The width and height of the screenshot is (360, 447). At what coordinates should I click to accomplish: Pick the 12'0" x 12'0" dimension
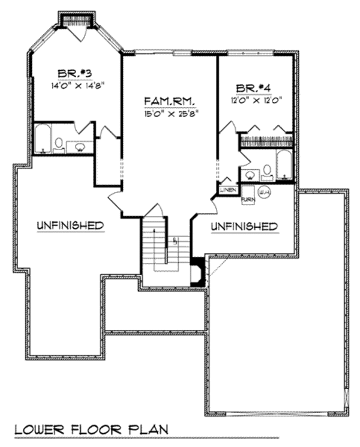(x=254, y=100)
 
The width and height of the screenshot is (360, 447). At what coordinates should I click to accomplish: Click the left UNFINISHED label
(x=70, y=226)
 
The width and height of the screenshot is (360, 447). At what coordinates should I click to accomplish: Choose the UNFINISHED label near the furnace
(x=243, y=226)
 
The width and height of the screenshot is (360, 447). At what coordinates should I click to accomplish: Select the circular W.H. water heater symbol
(x=265, y=192)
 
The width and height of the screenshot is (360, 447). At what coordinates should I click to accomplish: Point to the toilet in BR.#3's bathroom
(x=59, y=143)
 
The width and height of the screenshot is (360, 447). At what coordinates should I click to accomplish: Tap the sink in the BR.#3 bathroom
(x=80, y=145)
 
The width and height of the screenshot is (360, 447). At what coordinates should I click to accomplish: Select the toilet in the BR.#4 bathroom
(x=267, y=171)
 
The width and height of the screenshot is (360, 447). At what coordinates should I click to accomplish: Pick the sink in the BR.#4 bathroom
(x=248, y=176)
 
